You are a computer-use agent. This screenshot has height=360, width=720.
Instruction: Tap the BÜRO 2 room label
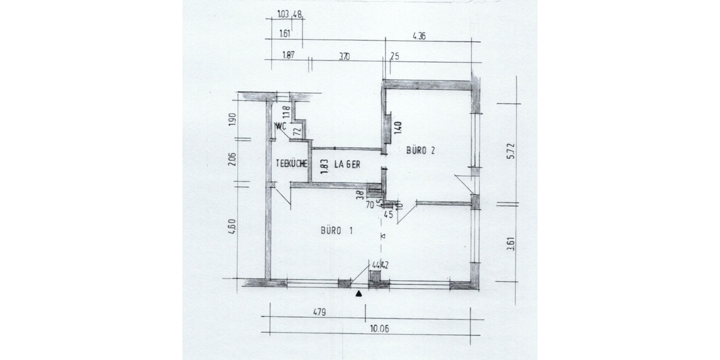[x=420, y=151]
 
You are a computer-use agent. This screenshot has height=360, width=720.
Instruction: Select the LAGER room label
[x=347, y=164]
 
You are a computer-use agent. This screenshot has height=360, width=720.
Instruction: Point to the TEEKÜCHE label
[x=292, y=163]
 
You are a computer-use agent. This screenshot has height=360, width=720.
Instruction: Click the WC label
[x=280, y=127]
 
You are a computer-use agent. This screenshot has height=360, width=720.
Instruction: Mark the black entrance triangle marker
[x=359, y=294]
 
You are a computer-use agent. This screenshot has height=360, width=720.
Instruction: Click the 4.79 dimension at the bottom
[x=319, y=312]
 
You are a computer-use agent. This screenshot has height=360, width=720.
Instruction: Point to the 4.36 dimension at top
[x=419, y=36]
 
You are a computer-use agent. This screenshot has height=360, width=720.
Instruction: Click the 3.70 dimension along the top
[x=344, y=56]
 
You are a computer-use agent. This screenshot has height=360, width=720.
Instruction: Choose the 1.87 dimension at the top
[x=288, y=56]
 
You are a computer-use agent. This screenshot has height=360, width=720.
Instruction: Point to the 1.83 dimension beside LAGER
[x=324, y=166]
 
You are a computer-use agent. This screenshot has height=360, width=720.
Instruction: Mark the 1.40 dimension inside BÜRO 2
[x=397, y=127]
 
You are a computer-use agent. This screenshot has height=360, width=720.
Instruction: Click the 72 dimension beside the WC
[x=296, y=130]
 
